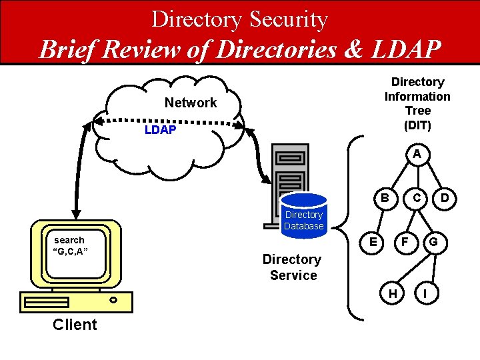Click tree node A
(x=417, y=154)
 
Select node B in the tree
(x=385, y=197)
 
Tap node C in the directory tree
(x=417, y=197)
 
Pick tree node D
(x=445, y=197)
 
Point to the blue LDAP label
(x=160, y=130)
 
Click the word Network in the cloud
(x=191, y=103)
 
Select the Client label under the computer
(x=75, y=325)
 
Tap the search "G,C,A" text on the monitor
(x=70, y=245)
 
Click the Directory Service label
(x=292, y=267)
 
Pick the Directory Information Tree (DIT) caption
(x=417, y=103)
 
